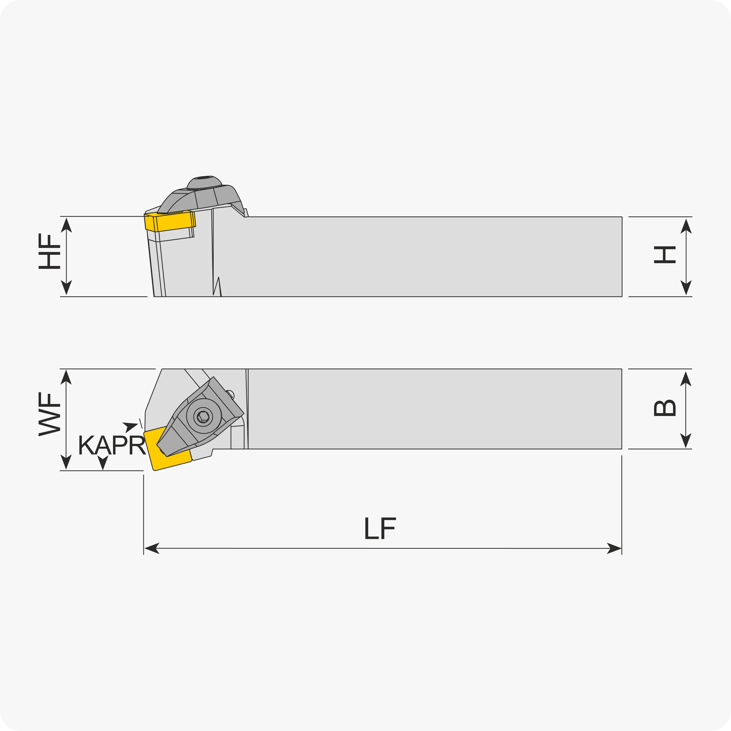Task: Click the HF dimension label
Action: click(x=49, y=252)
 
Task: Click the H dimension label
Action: click(x=665, y=255)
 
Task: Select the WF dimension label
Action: click(x=49, y=414)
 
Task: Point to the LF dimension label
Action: click(x=380, y=528)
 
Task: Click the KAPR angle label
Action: click(x=112, y=445)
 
